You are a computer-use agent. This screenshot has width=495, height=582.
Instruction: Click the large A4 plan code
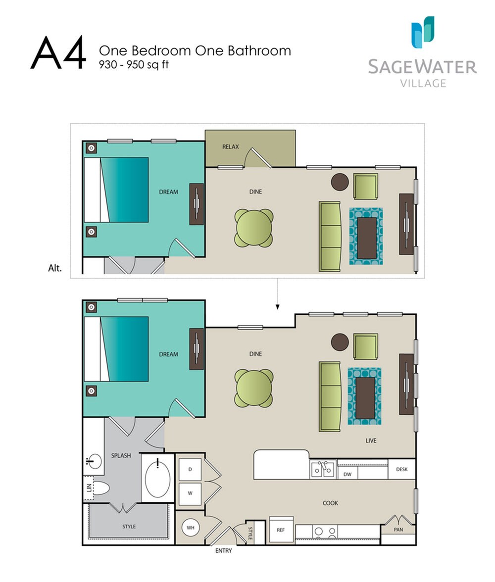58,52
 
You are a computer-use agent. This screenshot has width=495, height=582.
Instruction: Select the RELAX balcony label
231,147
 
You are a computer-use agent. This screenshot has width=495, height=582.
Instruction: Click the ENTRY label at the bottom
223,550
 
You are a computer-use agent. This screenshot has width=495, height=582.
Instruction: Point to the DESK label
401,469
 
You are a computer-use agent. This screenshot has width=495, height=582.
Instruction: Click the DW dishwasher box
347,474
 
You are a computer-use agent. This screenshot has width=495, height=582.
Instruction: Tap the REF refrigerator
281,530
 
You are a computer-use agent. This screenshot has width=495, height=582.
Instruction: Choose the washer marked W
191,493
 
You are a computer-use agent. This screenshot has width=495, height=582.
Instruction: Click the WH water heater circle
191,528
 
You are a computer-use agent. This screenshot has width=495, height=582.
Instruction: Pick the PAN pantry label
398,529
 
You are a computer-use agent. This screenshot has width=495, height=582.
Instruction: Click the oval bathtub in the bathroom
158,478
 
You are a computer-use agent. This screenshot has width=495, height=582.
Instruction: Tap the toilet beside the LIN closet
101,488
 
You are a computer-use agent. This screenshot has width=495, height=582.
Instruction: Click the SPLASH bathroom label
121,455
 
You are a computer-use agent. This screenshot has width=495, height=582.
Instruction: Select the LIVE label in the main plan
371,440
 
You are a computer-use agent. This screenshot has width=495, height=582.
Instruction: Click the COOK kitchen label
330,503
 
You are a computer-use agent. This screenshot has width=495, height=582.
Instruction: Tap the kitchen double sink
323,469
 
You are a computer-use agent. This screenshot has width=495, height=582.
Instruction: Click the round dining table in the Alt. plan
253,228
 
